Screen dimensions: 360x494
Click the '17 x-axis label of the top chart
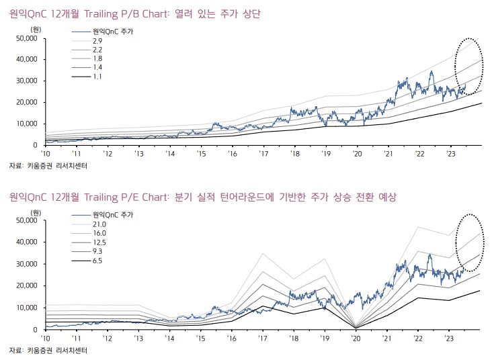263,154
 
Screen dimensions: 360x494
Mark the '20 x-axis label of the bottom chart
356,339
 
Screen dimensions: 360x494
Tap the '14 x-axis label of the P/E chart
170,339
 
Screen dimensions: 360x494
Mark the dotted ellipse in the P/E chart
468,242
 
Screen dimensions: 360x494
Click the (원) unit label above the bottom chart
36,213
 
